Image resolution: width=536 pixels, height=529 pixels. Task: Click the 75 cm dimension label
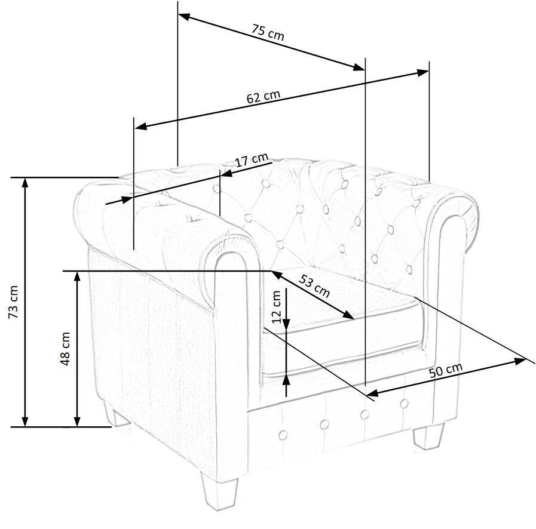[x=268, y=32]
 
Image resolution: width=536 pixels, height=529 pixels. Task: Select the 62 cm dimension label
[x=263, y=96]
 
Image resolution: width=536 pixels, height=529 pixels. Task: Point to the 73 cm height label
[x=13, y=302]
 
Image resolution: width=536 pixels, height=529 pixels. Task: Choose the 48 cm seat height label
[x=65, y=348]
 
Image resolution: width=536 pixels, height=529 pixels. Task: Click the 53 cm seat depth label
[x=314, y=285]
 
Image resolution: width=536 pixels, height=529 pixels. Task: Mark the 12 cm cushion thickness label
[x=276, y=307]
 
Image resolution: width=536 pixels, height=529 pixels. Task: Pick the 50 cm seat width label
[x=446, y=370]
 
